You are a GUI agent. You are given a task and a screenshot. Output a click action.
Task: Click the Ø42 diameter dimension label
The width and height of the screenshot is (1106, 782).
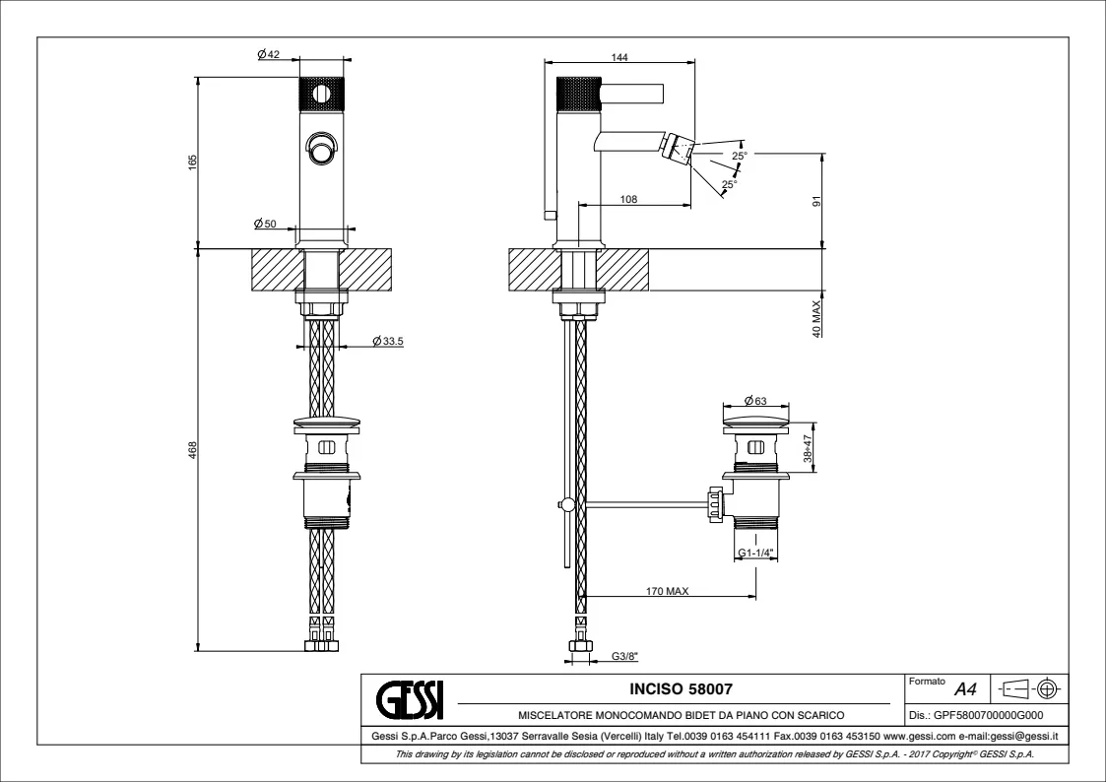point(268,55)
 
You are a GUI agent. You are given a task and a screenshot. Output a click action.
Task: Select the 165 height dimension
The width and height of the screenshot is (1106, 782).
point(193,160)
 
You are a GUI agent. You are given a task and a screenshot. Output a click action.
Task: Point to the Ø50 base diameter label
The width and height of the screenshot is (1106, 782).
point(264,225)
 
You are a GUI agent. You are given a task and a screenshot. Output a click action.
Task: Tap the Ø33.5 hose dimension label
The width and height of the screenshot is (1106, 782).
point(390,342)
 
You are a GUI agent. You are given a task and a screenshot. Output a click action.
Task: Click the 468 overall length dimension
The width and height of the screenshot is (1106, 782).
point(193,449)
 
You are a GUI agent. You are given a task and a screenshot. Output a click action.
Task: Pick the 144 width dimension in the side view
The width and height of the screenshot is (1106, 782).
point(619,57)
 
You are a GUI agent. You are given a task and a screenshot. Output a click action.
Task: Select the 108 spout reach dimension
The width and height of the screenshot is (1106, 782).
point(627,199)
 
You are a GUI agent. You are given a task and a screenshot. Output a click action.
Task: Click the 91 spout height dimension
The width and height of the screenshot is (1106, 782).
point(816,201)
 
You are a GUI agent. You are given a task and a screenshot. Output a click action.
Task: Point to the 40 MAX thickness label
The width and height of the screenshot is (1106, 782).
point(816,318)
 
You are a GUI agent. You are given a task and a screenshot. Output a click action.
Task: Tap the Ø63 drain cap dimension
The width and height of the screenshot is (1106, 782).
point(755,400)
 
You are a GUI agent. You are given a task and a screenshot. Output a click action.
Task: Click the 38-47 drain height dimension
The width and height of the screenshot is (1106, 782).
point(808,448)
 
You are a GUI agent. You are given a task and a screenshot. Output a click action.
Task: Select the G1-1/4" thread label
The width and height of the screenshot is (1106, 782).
point(755,554)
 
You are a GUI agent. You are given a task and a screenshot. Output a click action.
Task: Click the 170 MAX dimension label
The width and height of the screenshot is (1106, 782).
point(667,592)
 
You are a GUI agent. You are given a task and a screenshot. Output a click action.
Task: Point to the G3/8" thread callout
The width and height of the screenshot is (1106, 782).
point(624,656)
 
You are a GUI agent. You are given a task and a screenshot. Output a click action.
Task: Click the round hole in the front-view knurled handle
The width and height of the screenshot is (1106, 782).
point(319,94)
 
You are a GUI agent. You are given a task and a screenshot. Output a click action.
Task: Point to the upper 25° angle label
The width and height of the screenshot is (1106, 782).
point(739,155)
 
